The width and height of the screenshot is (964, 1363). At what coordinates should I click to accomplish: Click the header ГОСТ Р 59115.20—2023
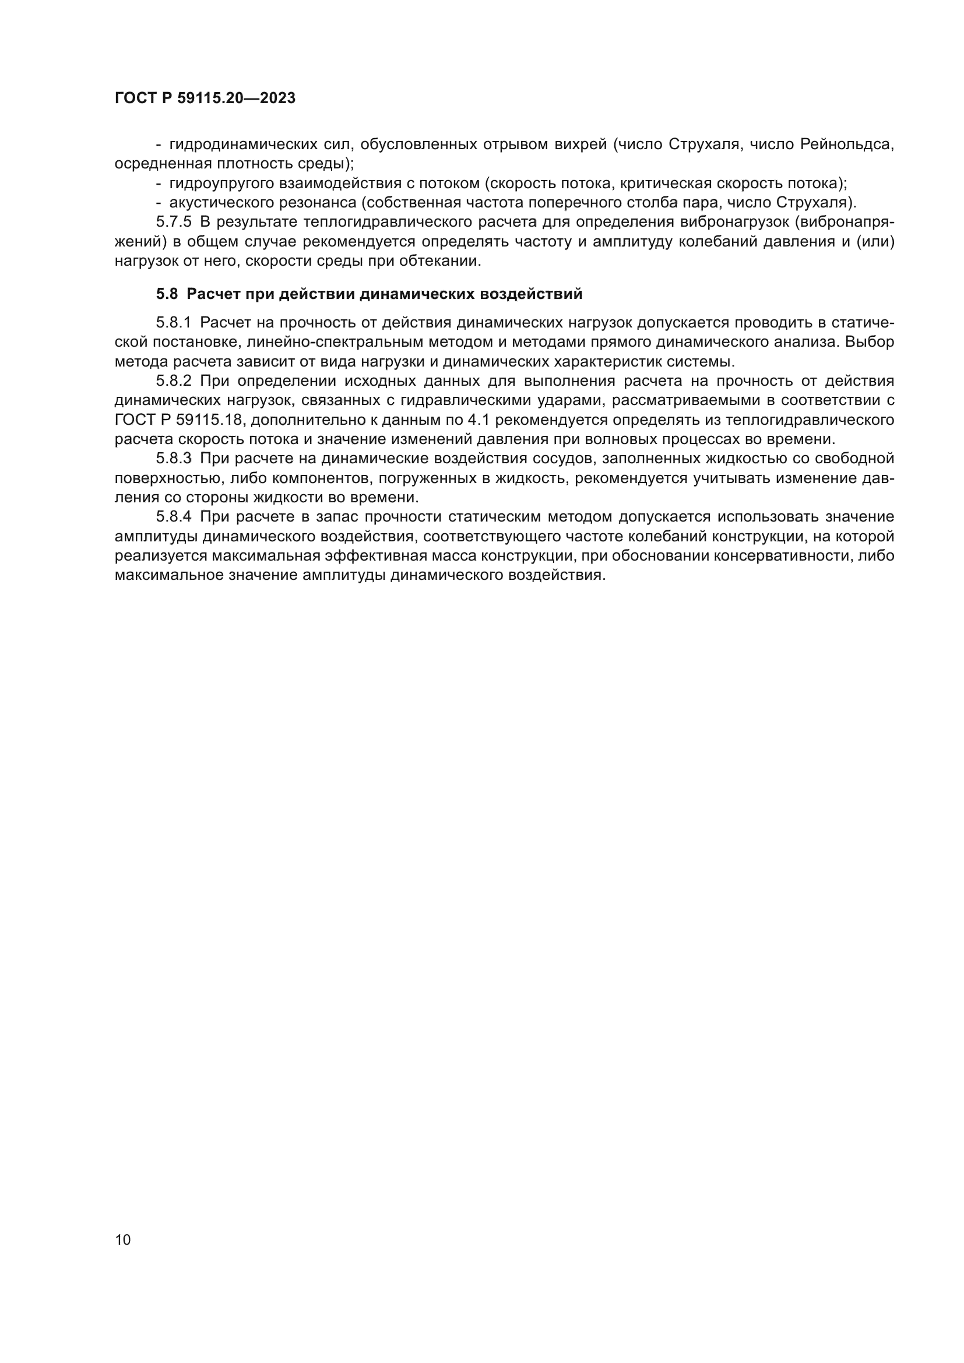pyautogui.click(x=205, y=98)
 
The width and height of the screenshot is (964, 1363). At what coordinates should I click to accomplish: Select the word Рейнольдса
pyautogui.click(x=847, y=145)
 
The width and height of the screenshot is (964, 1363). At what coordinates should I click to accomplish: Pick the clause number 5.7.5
pyautogui.click(x=174, y=223)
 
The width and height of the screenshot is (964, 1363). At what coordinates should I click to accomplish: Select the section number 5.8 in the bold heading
pyautogui.click(x=167, y=294)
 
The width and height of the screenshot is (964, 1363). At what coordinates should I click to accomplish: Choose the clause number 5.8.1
pyautogui.click(x=174, y=323)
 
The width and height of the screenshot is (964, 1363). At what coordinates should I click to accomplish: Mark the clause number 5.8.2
pyautogui.click(x=174, y=381)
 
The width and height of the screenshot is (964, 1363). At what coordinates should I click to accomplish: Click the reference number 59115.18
pyautogui.click(x=210, y=420)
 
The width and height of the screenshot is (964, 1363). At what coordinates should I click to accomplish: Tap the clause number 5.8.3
pyautogui.click(x=174, y=459)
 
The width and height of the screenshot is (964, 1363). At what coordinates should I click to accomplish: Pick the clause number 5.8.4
pyautogui.click(x=174, y=517)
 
